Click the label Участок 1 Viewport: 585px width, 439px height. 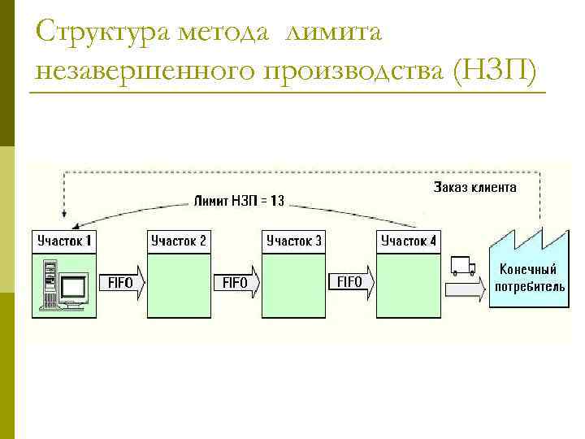tap(64, 241)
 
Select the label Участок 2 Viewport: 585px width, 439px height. tap(178, 241)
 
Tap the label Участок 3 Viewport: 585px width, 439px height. tap(293, 241)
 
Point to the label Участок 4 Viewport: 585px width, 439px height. tap(408, 241)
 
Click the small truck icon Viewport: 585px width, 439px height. tap(461, 266)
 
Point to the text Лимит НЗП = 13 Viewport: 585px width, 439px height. tap(239, 199)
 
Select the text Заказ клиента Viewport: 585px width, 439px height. tap(475, 187)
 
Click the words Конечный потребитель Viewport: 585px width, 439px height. tap(528, 278)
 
